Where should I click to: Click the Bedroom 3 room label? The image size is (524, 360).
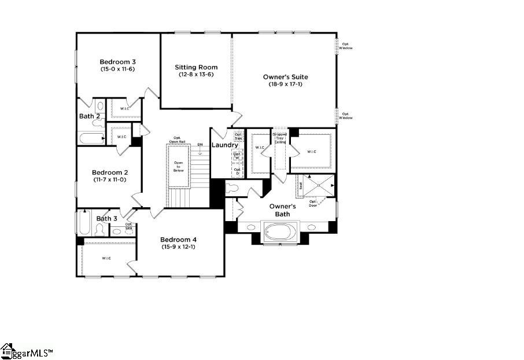[x=117, y=62]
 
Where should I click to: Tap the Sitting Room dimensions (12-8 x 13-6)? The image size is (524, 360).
[x=196, y=75]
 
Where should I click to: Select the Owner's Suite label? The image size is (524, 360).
[x=285, y=77]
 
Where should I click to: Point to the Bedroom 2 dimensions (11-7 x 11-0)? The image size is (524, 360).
[x=109, y=180]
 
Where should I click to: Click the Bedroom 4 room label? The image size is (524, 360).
[x=178, y=240]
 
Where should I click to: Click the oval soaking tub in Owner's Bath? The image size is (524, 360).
[x=281, y=232]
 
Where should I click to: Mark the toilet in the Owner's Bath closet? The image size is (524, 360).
[x=233, y=188]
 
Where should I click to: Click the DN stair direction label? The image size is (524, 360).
[x=200, y=144]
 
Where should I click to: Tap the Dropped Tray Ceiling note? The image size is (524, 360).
[x=280, y=138]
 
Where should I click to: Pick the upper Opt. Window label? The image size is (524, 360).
[x=346, y=46]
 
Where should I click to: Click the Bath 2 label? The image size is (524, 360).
[x=90, y=116]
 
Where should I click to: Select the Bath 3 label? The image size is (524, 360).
[x=107, y=218]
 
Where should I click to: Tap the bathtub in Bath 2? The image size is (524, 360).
[x=91, y=138]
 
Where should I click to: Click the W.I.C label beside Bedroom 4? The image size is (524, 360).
[x=106, y=258]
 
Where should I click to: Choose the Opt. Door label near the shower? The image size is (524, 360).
[x=313, y=203]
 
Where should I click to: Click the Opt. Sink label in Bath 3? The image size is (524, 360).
[x=128, y=226]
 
